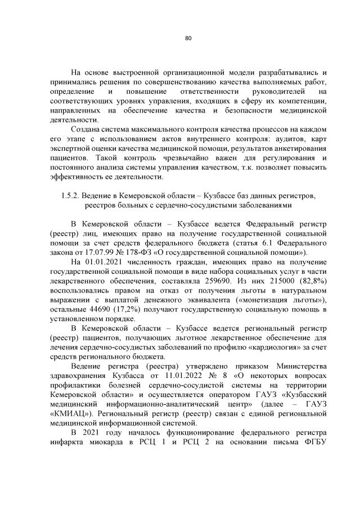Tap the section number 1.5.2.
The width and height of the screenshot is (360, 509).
click(69, 196)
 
